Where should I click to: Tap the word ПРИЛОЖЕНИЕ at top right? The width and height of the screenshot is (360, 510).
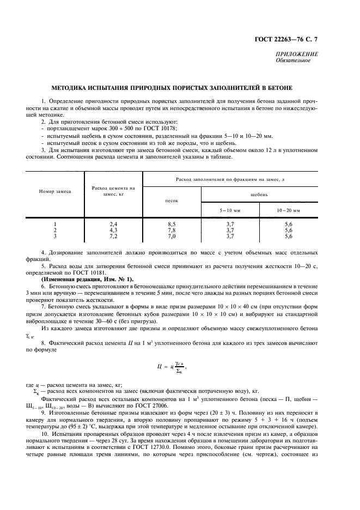pyautogui.click(x=297, y=54)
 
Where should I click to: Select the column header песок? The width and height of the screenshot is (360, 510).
pyautogui.click(x=172, y=201)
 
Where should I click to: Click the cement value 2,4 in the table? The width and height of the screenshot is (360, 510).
pyautogui.click(x=113, y=224)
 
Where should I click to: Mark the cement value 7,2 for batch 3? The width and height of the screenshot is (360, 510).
pyautogui.click(x=113, y=236)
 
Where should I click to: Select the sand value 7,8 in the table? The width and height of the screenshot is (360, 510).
pyautogui.click(x=172, y=230)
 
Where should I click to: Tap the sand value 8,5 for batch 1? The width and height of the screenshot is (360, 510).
pyautogui.click(x=172, y=224)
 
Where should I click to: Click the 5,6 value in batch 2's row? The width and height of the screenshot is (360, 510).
pyautogui.click(x=288, y=230)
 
